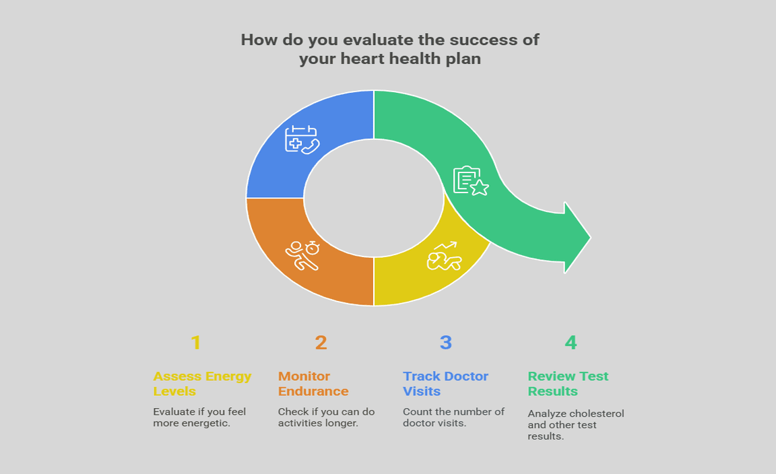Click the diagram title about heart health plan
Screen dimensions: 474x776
[x=389, y=49]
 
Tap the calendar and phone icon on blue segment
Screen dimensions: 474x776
[x=301, y=139]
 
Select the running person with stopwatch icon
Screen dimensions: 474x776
[x=302, y=255]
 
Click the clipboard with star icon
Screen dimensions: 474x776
[x=470, y=181]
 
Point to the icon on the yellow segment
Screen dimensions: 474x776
[x=444, y=256]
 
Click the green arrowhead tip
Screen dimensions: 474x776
[x=587, y=237]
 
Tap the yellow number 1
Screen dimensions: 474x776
[x=195, y=343]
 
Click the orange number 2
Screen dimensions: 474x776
[x=321, y=343]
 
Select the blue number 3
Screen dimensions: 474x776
[x=445, y=343]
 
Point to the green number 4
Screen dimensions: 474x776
[x=571, y=343]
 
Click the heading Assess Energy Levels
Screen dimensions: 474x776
[x=202, y=384]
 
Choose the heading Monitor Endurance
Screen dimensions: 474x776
[x=313, y=384]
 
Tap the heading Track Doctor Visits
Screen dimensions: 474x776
[x=445, y=384]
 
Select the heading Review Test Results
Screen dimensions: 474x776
[x=568, y=384]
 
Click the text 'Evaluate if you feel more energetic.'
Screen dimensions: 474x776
[x=199, y=417]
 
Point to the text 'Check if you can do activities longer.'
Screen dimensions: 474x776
[x=327, y=417]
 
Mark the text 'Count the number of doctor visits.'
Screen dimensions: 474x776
[x=453, y=417]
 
